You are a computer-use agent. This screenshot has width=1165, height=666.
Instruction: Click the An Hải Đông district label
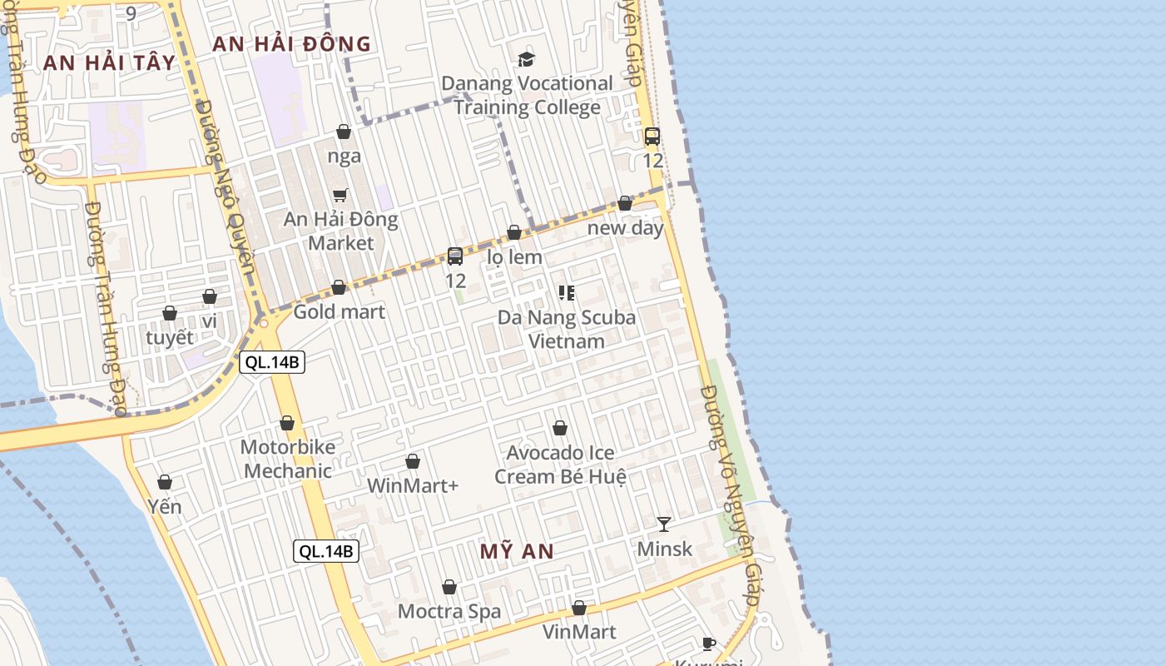coord(291,44)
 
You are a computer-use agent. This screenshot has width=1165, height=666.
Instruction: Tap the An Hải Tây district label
coord(109,62)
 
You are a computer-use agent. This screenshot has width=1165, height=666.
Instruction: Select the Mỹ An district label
coord(517,551)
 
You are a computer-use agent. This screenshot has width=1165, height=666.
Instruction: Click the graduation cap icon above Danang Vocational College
coord(526,59)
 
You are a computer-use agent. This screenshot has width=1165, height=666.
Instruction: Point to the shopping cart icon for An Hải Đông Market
coord(340,196)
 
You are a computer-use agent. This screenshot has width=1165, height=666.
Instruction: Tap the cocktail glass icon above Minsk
coord(663,524)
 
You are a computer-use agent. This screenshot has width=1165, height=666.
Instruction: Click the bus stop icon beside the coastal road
coord(652,137)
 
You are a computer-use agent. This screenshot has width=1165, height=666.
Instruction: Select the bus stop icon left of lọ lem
coord(455,256)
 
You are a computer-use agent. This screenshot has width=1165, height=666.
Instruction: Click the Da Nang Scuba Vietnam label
coord(566,329)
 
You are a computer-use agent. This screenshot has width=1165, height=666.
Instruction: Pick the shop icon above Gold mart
coord(339,287)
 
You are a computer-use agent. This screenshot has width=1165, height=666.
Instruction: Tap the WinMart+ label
coord(413,485)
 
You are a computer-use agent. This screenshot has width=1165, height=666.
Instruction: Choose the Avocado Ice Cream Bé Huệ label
coord(560,465)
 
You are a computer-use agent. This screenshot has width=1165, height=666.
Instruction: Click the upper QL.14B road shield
coord(272,362)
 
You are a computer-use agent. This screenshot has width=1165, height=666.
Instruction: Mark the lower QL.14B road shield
coord(326,550)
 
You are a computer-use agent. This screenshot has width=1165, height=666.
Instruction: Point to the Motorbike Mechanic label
coord(288,459)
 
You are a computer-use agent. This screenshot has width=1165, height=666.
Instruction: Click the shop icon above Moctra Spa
coord(449,587)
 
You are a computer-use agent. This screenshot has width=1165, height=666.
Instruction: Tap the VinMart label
coord(579,632)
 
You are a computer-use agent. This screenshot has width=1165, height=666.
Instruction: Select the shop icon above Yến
coord(165,482)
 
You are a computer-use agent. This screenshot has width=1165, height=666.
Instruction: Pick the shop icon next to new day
coord(625,203)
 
